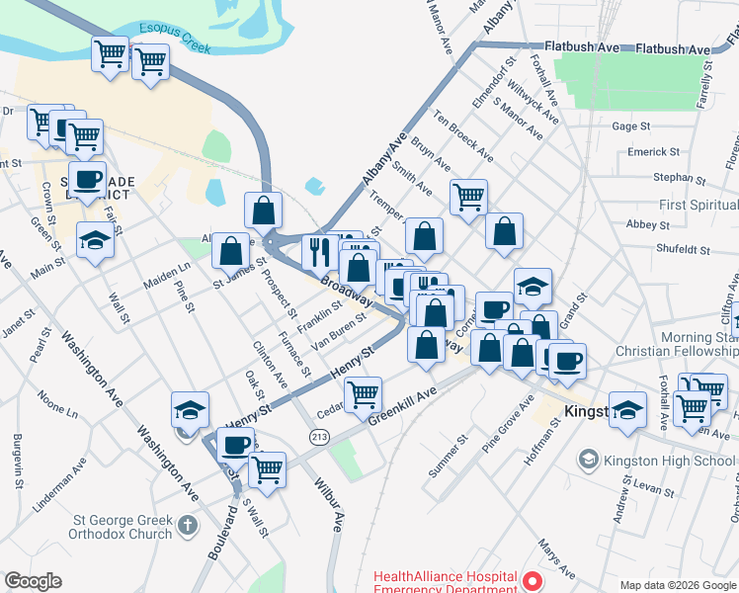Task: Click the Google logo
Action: point(33,581)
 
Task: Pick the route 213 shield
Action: point(319,437)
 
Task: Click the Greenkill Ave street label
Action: point(402,406)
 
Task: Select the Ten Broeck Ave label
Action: point(463,137)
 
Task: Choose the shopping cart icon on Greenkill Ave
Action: point(364,393)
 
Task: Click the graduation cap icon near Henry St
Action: point(191,408)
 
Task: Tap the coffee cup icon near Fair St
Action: point(88,179)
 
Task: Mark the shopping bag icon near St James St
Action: point(231,250)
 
